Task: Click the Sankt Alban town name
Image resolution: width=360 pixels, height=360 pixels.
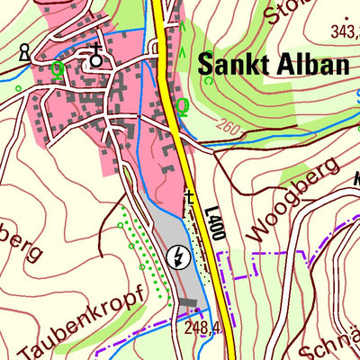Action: (272, 67)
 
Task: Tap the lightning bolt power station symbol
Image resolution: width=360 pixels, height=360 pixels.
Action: (179, 258)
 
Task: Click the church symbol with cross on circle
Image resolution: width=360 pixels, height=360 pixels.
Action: (95, 58)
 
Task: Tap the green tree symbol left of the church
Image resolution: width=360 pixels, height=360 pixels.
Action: (59, 67)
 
